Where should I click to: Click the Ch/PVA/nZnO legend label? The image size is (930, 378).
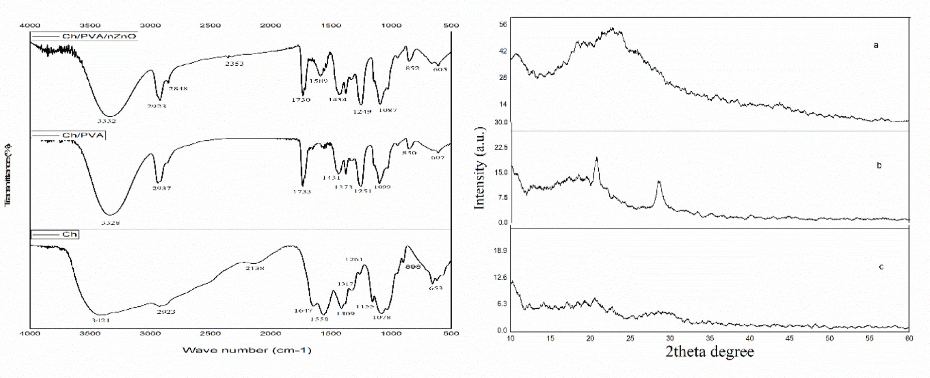click(x=99, y=36)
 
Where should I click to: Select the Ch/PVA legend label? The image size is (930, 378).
click(x=83, y=135)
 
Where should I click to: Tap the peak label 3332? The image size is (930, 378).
click(x=107, y=121)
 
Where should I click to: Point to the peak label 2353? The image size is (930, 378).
click(x=234, y=64)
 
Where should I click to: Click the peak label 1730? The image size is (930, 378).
click(x=301, y=100)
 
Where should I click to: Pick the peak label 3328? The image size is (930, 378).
click(x=110, y=223)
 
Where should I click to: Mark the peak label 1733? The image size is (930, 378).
click(x=302, y=192)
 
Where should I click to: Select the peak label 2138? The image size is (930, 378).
click(x=255, y=268)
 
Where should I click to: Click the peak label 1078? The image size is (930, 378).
click(x=382, y=317)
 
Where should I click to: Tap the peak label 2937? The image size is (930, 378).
click(x=162, y=188)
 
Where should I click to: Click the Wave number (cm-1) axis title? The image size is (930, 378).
click(x=247, y=350)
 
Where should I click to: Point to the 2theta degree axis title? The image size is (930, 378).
click(x=710, y=351)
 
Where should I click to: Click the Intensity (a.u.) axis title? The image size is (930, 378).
click(x=480, y=168)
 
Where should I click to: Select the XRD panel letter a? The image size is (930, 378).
click(x=876, y=45)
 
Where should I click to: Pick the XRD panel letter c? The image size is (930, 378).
click(x=881, y=267)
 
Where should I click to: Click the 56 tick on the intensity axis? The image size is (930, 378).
click(x=503, y=24)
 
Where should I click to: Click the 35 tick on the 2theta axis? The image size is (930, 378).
click(x=710, y=338)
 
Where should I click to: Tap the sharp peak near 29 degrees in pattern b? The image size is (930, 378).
click(x=659, y=182)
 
